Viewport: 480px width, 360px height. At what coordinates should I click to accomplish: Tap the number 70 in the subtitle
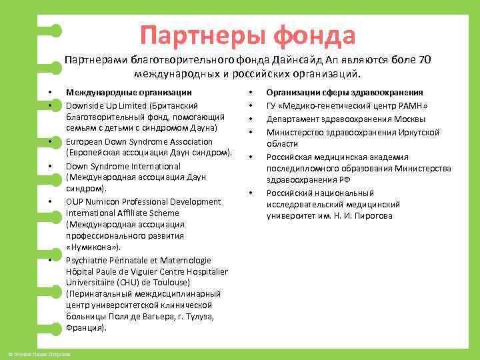[x=425, y=60]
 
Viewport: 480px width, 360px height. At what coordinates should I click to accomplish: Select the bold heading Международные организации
[x=129, y=92]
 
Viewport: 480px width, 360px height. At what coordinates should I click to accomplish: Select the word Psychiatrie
[x=88, y=260]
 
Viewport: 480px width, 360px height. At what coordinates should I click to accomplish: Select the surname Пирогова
[x=370, y=215]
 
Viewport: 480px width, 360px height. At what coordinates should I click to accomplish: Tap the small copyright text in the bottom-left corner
[x=39, y=352]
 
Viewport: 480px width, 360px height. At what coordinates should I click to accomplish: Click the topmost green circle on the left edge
[x=56, y=31]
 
